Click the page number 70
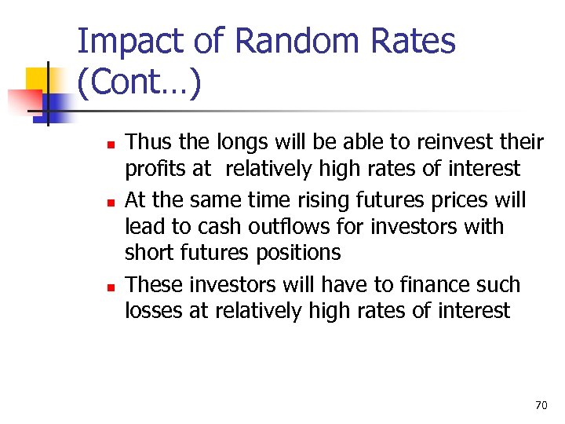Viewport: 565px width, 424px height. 541,405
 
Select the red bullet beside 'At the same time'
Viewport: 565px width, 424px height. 111,202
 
